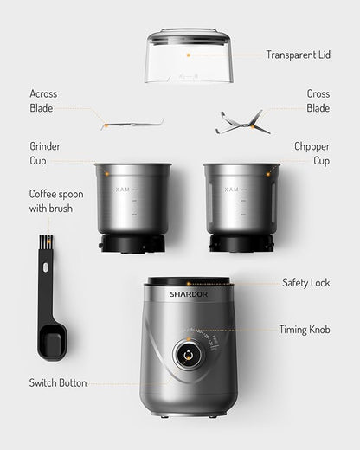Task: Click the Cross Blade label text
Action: point(318,101)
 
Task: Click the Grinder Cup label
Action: point(45,153)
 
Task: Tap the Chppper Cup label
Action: point(312,153)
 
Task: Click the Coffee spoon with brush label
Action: point(56,201)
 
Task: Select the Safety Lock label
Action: point(305,283)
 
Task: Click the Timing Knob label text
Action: point(304,330)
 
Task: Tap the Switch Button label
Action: point(58,382)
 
